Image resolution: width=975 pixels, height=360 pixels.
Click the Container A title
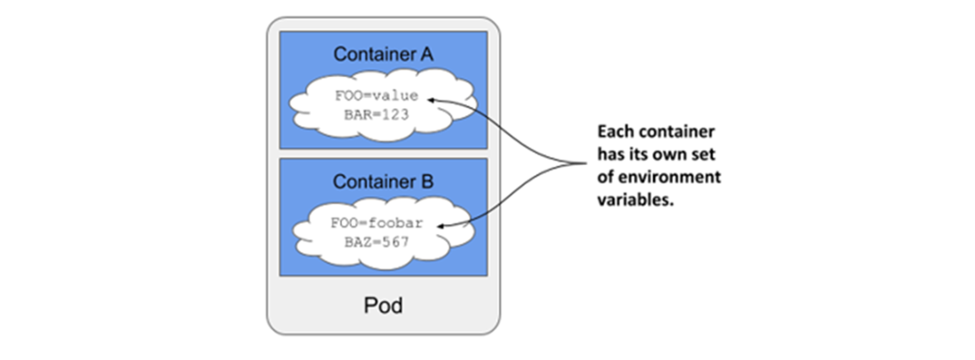point(383,55)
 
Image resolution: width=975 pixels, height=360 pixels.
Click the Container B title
point(383,182)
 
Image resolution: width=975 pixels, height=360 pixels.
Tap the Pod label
point(383,305)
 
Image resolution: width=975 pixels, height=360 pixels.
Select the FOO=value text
point(377,97)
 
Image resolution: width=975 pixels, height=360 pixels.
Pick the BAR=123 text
point(377,115)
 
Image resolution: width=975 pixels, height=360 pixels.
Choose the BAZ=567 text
point(377,242)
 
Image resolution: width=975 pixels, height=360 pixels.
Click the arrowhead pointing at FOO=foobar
point(442,226)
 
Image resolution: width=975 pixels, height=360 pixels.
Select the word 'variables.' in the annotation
point(636,200)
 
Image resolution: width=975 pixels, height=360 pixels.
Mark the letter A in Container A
point(426,55)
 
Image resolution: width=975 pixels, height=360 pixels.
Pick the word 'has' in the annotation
point(610,155)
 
